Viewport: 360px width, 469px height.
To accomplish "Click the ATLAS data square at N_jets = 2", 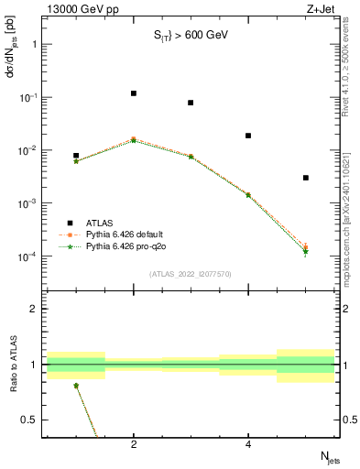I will [134, 93].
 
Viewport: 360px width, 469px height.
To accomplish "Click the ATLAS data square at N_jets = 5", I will [306, 178].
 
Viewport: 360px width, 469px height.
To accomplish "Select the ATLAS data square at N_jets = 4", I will [248, 136].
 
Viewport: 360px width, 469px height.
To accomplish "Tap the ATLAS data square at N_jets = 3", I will [191, 103].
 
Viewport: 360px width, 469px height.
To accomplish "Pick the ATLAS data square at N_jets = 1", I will [76, 156].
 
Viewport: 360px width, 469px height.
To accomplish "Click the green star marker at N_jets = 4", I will [248, 195].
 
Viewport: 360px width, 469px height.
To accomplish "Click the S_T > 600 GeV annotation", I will [190, 36].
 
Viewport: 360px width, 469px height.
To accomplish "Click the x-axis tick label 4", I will [248, 445].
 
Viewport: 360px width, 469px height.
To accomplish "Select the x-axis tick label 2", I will [134, 445].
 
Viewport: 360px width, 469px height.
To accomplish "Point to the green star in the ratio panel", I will [76, 386].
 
